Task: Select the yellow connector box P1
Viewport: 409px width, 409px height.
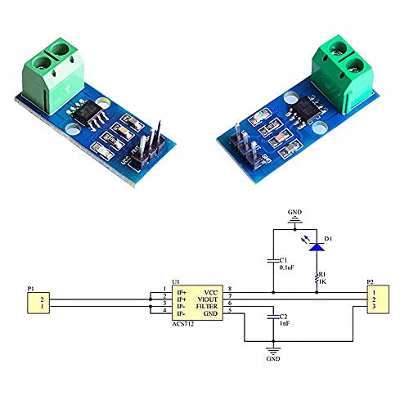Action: (x=38, y=303)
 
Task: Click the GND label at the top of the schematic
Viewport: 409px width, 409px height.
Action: (x=294, y=213)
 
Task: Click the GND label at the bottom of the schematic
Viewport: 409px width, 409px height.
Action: (x=273, y=357)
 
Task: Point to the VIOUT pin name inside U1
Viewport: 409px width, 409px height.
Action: (x=207, y=299)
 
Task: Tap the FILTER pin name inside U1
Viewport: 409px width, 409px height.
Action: (x=206, y=306)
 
